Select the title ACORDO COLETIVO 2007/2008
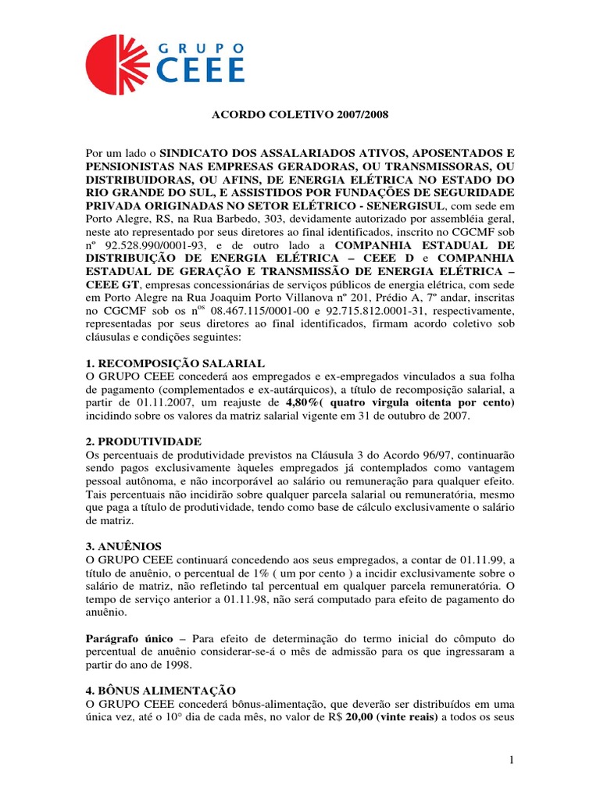pyautogui.click(x=301, y=115)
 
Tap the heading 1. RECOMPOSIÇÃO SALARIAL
pyautogui.click(x=176, y=363)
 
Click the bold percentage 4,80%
pyautogui.click(x=308, y=402)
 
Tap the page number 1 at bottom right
pyautogui.click(x=509, y=760)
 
